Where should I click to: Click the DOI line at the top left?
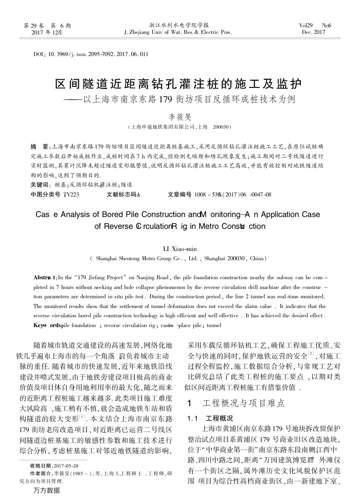(91, 53)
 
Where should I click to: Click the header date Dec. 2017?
(314, 32)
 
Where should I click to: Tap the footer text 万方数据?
(46, 490)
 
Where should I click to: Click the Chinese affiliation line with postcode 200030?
(179, 127)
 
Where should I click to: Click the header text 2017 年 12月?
(47, 32)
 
